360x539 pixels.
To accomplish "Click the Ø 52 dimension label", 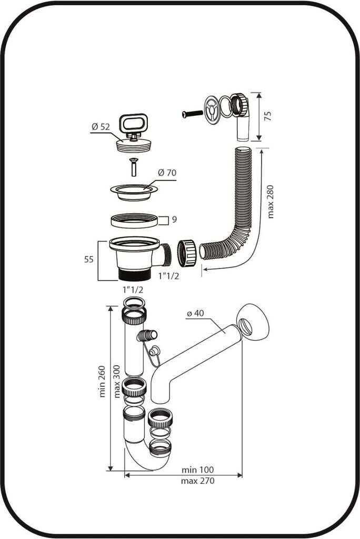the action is [x=101, y=126].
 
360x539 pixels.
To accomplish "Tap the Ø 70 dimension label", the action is [x=167, y=173].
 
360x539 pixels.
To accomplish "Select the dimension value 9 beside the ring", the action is [x=174, y=219].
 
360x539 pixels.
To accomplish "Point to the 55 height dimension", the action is [x=89, y=259].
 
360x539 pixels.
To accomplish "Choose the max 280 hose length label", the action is [x=271, y=202].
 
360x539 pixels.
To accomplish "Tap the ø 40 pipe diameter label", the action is [x=195, y=314].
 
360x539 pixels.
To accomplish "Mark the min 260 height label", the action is [x=102, y=382].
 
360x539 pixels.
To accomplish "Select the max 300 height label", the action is [x=117, y=382].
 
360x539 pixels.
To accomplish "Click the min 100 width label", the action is [x=198, y=470].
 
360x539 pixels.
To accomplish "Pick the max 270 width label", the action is [x=198, y=481].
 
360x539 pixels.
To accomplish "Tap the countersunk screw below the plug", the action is [x=133, y=167].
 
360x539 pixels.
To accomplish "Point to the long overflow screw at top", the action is [x=193, y=114].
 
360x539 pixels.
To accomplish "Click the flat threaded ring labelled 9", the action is [x=134, y=221].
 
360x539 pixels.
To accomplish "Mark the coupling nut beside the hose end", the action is [x=187, y=253].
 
